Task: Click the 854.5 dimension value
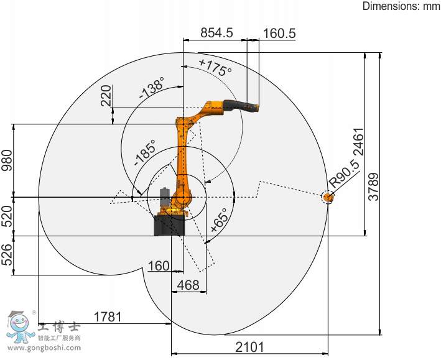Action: pos(216,32)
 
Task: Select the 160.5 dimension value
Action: pos(279,34)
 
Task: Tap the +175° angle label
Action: pos(216,68)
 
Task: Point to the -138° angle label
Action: pos(152,88)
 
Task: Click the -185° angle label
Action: pos(145,152)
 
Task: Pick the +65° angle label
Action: pos(219,220)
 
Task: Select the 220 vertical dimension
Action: pos(106,96)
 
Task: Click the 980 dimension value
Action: pos(7,160)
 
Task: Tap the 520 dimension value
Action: pos(7,216)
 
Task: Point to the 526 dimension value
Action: pos(7,254)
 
